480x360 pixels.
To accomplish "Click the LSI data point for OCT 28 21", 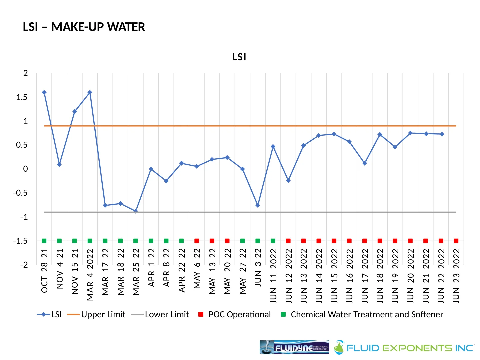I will (x=44, y=92).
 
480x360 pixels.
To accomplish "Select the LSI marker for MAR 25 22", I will (x=136, y=211).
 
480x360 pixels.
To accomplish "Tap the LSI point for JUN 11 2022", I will (x=273, y=147).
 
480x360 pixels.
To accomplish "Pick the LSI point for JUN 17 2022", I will (x=365, y=163).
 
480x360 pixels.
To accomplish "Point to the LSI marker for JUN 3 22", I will (x=258, y=205).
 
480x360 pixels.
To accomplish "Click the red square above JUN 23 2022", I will (x=456, y=241).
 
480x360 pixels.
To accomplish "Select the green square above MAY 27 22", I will (x=242, y=241).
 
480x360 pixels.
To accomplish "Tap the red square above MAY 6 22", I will (x=197, y=241).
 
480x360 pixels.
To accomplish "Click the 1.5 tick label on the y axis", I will (x=22, y=97).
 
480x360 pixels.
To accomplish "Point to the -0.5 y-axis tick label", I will (x=21, y=193).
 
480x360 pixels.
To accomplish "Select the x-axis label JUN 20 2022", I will (x=410, y=276).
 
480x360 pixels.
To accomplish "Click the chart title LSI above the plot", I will (x=239, y=57).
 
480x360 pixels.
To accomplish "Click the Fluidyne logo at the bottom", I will (x=294, y=347).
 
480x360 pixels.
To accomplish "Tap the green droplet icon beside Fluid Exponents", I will (x=339, y=347).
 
